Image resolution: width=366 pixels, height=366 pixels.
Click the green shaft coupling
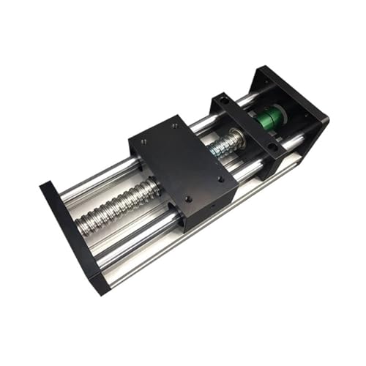[x=272, y=120]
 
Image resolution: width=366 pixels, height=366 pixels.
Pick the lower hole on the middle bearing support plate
[x=272, y=146]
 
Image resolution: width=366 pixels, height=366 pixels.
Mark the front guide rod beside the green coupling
[x=292, y=143]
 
